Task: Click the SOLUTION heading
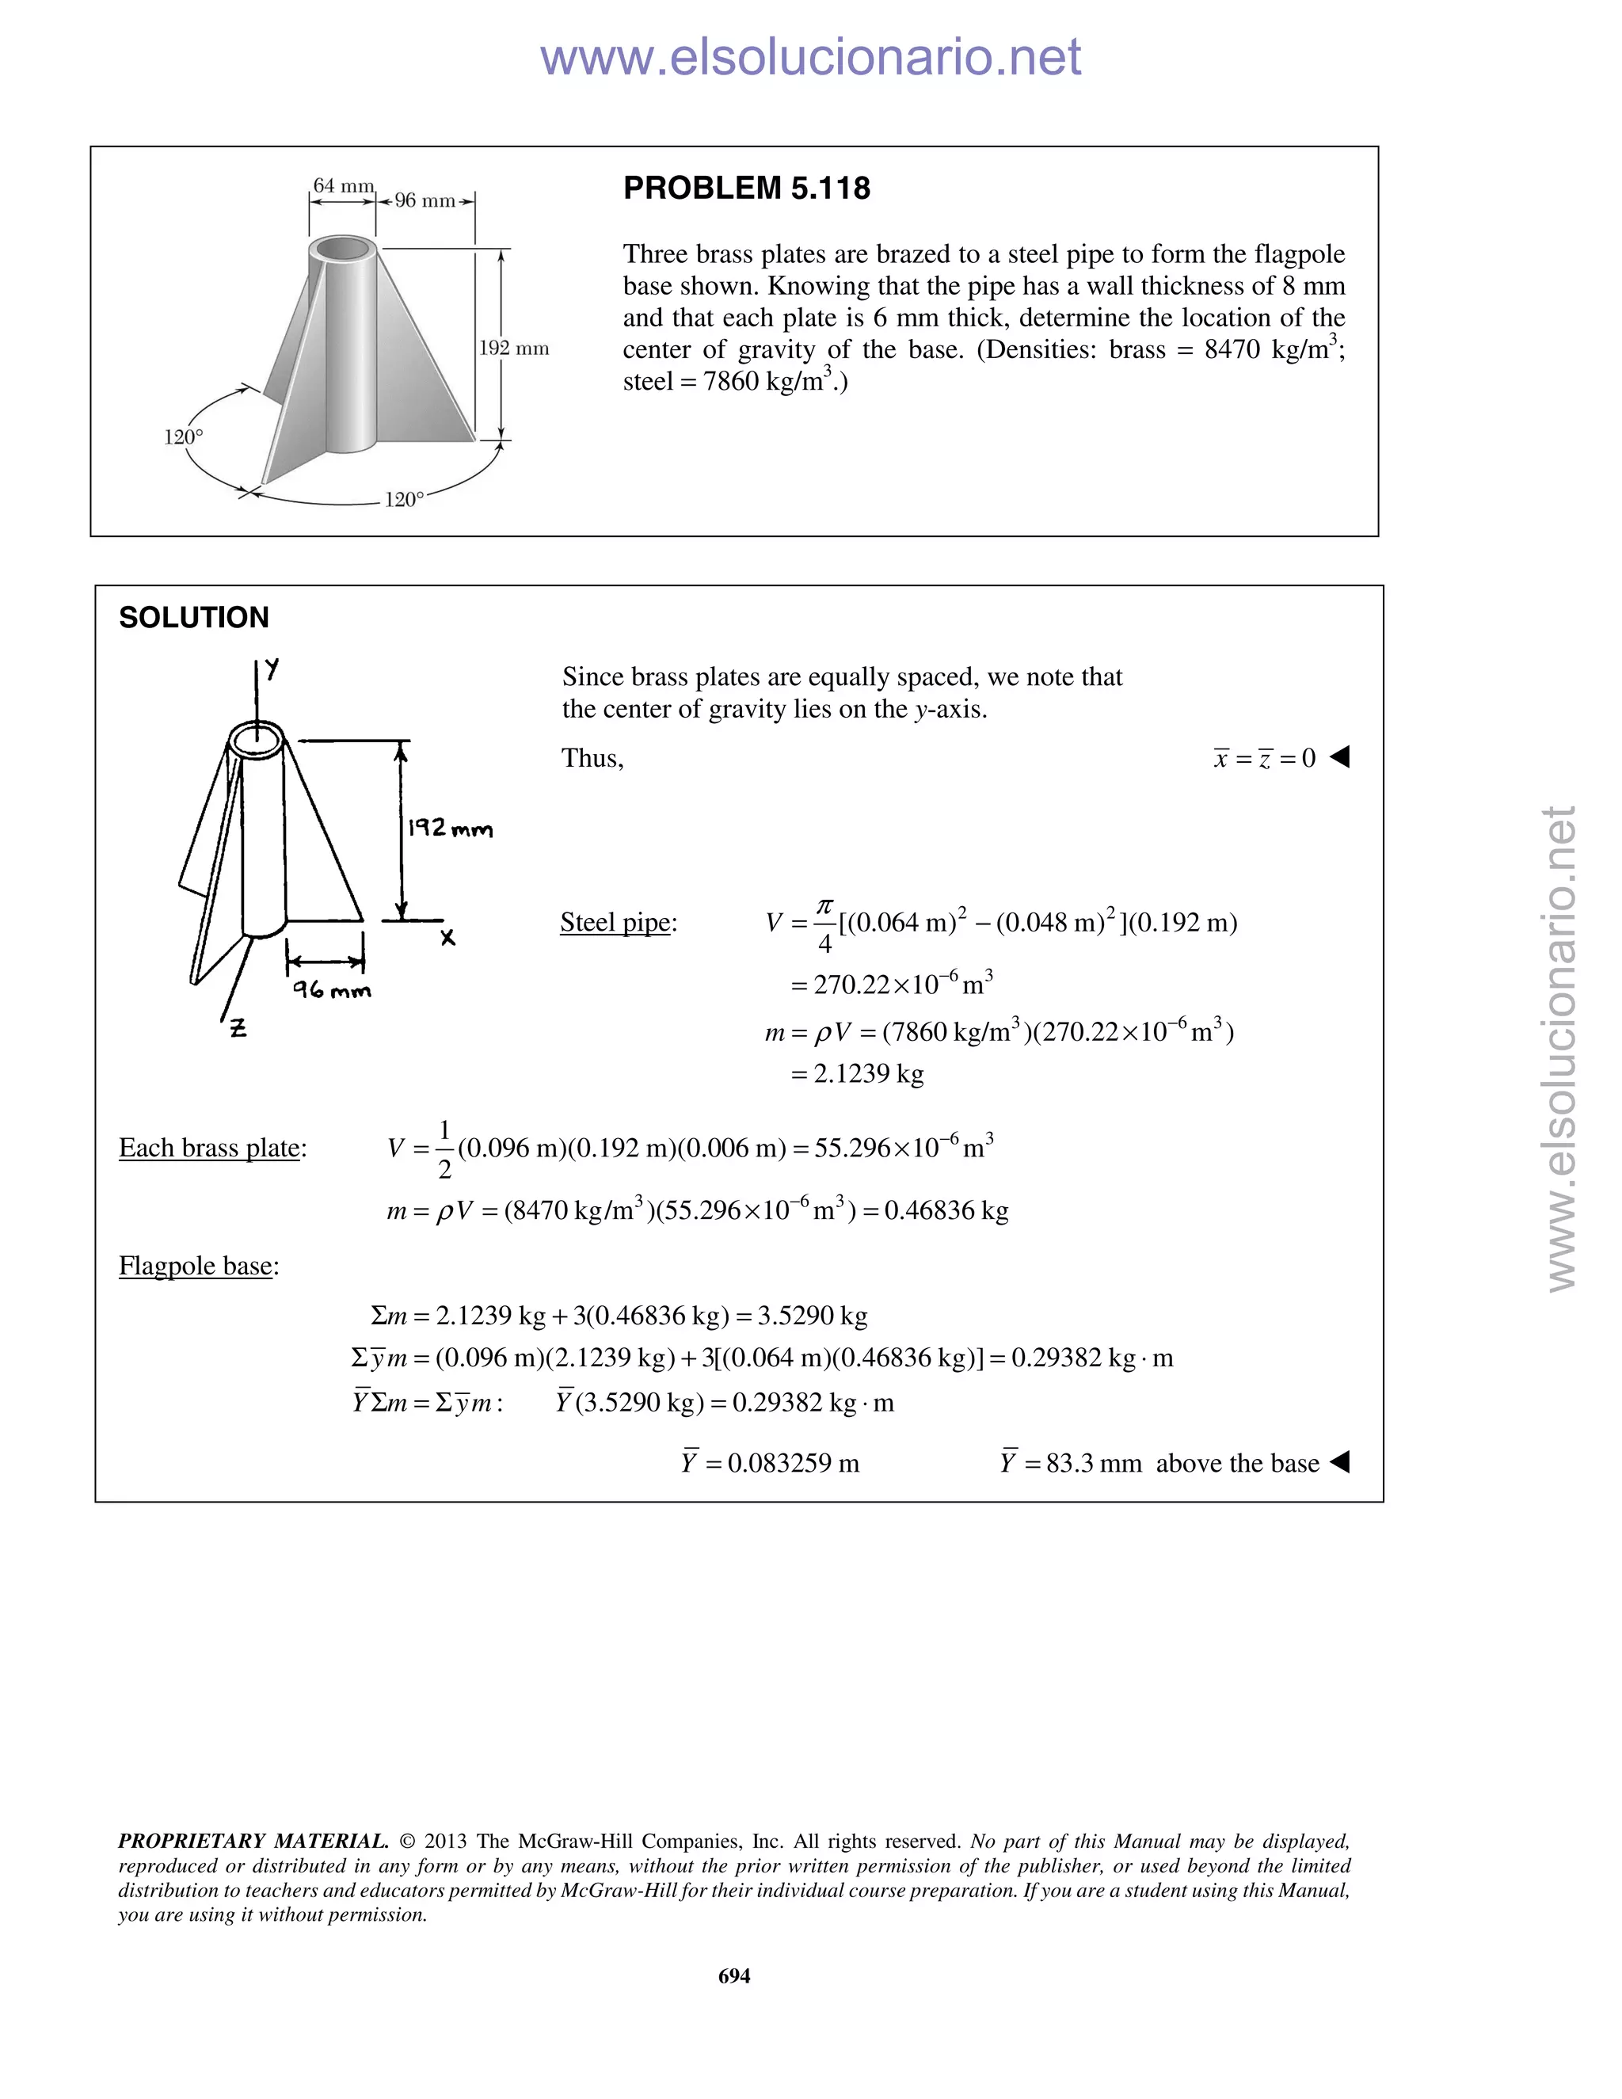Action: click(194, 617)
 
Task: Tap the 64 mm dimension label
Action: click(343, 185)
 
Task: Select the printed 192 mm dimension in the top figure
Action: click(514, 348)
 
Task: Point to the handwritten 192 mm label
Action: click(449, 829)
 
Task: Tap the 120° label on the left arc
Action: click(184, 437)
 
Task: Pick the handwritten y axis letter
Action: click(273, 669)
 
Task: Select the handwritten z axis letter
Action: click(238, 1028)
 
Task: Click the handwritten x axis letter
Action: click(447, 938)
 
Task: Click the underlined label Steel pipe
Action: click(615, 923)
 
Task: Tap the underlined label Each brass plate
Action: click(209, 1148)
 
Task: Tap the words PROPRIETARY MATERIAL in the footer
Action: click(253, 1842)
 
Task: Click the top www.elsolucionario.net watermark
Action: click(810, 58)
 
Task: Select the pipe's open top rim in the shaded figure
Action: click(342, 248)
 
